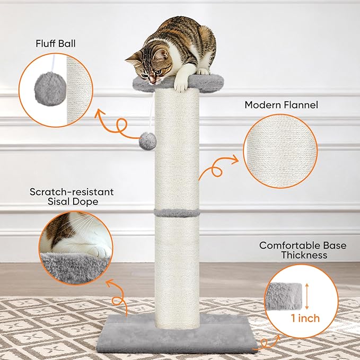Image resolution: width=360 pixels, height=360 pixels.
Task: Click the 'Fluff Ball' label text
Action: click(56, 43)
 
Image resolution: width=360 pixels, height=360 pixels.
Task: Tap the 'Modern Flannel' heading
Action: click(281, 105)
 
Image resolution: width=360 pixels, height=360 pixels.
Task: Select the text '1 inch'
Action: click(305, 318)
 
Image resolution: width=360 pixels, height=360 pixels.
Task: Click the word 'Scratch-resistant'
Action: click(72, 192)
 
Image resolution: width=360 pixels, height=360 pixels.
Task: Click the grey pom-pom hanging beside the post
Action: click(147, 141)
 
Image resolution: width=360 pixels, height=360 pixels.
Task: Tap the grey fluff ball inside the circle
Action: click(50, 89)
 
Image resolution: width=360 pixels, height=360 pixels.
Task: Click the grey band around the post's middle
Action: click(177, 213)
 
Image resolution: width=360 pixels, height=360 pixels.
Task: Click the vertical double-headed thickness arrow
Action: click(307, 296)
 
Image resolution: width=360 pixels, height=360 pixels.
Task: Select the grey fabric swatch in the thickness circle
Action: click(283, 296)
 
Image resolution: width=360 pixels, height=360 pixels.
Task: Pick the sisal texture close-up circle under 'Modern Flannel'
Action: click(280, 151)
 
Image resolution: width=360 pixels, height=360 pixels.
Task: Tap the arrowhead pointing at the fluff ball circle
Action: click(100, 113)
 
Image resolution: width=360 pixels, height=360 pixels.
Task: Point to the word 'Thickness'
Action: click(304, 255)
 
